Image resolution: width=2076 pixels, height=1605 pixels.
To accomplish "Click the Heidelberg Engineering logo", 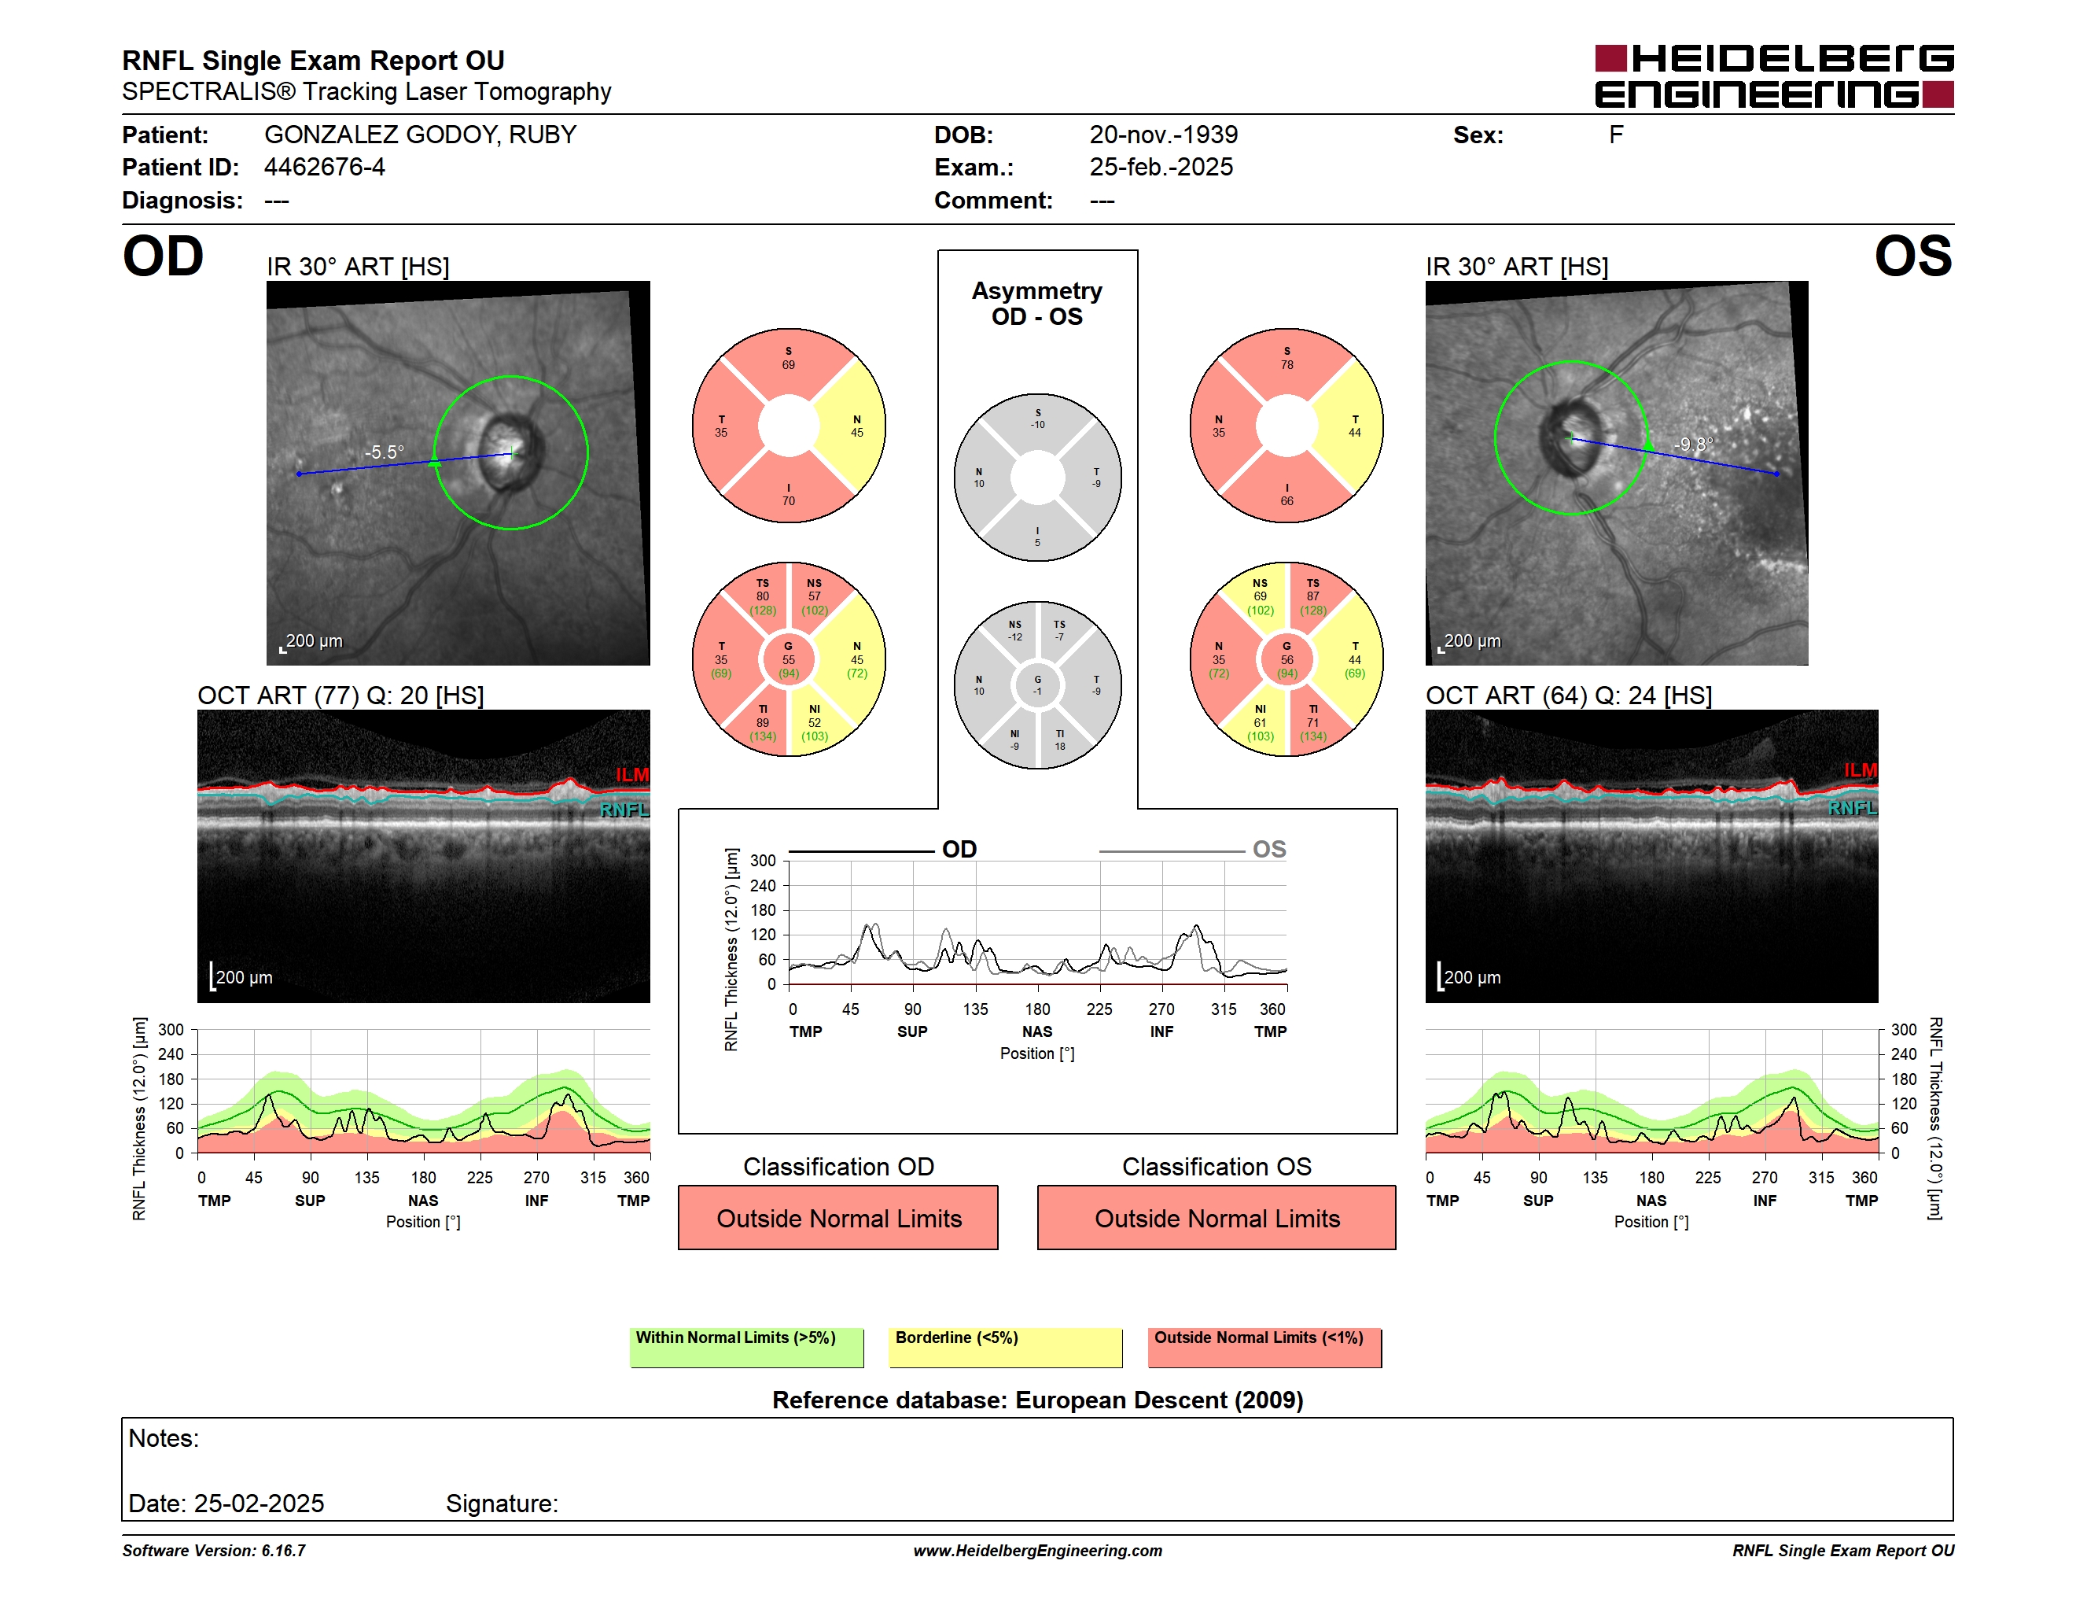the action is [1774, 76].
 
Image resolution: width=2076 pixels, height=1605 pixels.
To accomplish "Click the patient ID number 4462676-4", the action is [324, 168].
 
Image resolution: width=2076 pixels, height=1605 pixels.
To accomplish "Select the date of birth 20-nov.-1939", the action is [1164, 135].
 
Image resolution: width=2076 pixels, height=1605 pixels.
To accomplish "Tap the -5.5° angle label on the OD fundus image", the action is [384, 452].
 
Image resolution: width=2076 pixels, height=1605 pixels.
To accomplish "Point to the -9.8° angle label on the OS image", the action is [1693, 445].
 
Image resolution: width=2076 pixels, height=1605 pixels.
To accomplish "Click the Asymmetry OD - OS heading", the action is [1037, 304].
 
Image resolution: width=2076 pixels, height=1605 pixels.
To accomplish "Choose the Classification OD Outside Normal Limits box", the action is [838, 1217].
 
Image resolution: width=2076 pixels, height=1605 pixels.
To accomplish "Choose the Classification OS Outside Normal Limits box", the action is [1217, 1217].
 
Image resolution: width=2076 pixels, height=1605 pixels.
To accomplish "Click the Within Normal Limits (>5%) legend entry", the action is [746, 1347].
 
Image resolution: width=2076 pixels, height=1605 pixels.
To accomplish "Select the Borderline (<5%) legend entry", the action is [1006, 1347].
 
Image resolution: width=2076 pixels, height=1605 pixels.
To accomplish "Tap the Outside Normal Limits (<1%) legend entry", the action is [1264, 1347].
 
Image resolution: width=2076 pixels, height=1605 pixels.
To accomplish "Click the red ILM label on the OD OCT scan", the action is [632, 775].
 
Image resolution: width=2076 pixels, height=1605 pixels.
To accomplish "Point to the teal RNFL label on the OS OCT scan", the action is [1852, 808].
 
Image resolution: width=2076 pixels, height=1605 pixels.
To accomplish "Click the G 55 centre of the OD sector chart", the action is [788, 660].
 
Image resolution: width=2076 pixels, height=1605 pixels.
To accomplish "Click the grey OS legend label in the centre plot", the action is [1269, 849].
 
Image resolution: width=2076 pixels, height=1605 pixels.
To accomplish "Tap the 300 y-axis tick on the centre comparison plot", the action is [764, 861].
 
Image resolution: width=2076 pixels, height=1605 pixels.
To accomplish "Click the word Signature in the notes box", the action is [502, 1504].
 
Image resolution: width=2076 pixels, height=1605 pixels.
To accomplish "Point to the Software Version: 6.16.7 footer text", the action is [214, 1551].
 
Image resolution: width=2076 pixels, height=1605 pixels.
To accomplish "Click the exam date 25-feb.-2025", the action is [1161, 168].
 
